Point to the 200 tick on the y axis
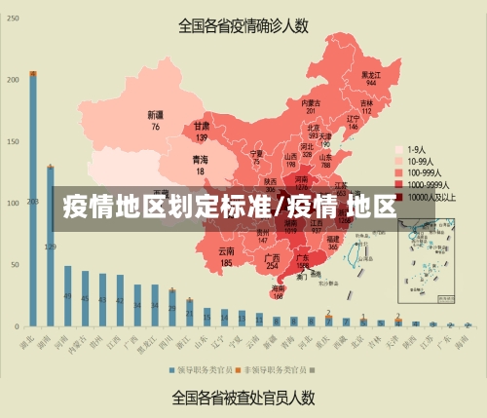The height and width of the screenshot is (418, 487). click(x=12, y=79)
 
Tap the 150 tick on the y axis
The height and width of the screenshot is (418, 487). click(x=12, y=141)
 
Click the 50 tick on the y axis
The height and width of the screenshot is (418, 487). click(x=14, y=264)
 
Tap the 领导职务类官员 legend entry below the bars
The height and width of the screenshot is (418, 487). click(x=201, y=369)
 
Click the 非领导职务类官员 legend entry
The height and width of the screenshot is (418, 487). click(x=275, y=369)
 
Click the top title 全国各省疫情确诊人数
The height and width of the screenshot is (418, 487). click(x=243, y=26)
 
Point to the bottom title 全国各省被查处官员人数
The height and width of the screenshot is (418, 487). click(x=243, y=397)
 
